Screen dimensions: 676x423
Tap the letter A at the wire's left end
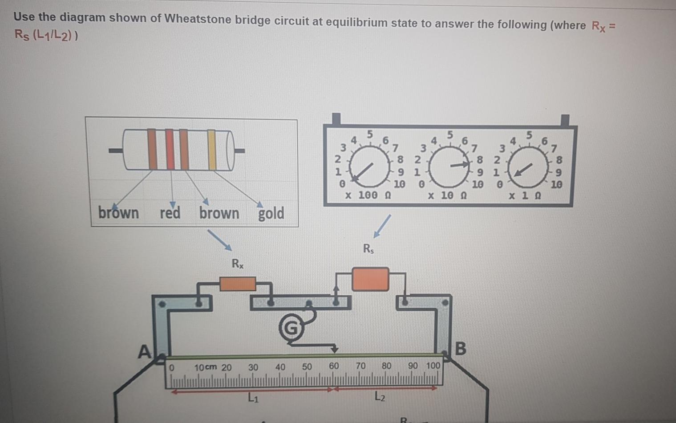coord(144,352)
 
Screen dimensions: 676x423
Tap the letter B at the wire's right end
coord(461,348)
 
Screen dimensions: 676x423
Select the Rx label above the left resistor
coord(238,264)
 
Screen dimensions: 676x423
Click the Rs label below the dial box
coord(368,248)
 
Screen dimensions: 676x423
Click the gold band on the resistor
coord(212,150)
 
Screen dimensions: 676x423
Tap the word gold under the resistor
coord(271,213)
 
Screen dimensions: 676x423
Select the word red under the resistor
coord(170,213)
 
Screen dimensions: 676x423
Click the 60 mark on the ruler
coord(334,366)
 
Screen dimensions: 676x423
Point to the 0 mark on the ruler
coord(171,368)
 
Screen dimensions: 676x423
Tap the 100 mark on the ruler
coord(433,366)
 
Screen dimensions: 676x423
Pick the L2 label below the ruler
coord(380,396)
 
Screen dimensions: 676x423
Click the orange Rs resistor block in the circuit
coord(370,279)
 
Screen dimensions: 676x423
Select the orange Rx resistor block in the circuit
coord(238,284)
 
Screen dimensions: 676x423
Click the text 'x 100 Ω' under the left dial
coord(368,195)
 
